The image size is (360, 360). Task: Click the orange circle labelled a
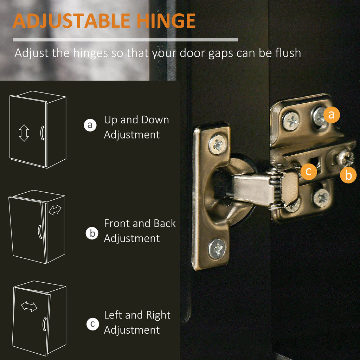click(x=332, y=115)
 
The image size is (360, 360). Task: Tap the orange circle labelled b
click(x=348, y=175)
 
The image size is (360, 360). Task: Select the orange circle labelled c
click(x=309, y=172)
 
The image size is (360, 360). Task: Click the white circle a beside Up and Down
click(x=90, y=125)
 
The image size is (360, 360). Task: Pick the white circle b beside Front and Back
click(x=92, y=233)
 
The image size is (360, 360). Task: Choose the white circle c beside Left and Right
click(x=93, y=324)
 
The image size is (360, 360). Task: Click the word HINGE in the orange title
click(x=166, y=21)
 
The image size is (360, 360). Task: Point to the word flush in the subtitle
click(x=288, y=53)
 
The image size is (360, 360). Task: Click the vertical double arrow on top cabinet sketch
click(x=24, y=133)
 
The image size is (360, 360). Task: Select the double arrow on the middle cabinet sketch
click(x=55, y=210)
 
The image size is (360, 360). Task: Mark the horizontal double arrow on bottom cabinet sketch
click(x=29, y=307)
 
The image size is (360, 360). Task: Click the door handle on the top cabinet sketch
click(x=42, y=133)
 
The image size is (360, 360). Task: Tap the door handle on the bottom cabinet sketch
click(x=45, y=324)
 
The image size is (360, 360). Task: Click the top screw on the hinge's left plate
click(x=217, y=144)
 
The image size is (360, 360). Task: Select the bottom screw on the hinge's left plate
click(x=217, y=249)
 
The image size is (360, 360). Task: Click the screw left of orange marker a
click(x=291, y=121)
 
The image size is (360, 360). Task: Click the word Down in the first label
click(x=155, y=120)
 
